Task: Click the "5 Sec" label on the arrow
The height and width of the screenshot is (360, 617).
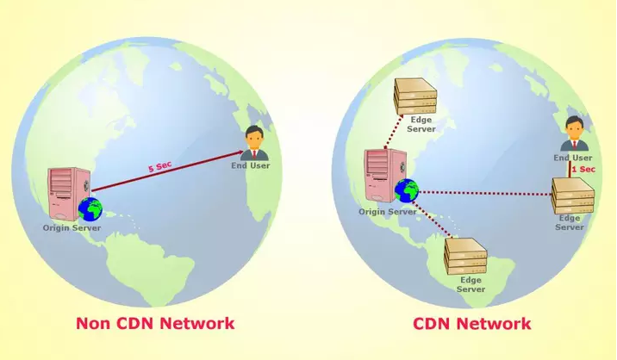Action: (x=159, y=167)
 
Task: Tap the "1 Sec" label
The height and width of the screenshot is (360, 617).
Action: (x=583, y=169)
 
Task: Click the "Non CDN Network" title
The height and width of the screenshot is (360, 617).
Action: (x=155, y=324)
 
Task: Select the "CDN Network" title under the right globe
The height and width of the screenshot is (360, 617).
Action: (x=472, y=324)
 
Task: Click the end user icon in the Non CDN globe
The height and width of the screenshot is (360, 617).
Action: (x=253, y=143)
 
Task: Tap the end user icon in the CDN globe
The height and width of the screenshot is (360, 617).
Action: (x=574, y=133)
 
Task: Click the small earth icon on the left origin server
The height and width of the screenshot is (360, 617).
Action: (x=90, y=209)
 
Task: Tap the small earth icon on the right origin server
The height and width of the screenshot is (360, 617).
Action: (x=407, y=191)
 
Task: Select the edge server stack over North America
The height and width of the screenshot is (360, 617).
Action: (x=415, y=96)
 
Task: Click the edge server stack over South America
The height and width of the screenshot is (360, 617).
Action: (x=465, y=257)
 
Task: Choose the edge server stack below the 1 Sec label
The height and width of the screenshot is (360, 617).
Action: (x=572, y=196)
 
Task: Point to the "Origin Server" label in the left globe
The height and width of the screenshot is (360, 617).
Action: (x=72, y=228)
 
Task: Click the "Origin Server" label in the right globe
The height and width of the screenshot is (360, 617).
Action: (x=387, y=212)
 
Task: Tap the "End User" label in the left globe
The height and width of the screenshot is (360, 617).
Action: (x=251, y=165)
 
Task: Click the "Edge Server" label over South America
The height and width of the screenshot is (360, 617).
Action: (x=471, y=284)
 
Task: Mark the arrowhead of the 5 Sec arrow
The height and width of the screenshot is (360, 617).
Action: (x=240, y=152)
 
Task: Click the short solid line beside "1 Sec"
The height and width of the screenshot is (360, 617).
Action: (x=569, y=170)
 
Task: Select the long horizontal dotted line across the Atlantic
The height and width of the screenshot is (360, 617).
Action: (x=485, y=193)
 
